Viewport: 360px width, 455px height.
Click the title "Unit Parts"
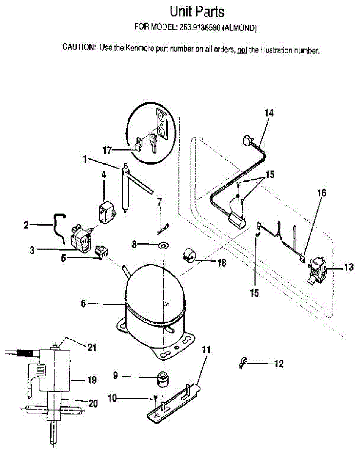pyautogui.click(x=197, y=12)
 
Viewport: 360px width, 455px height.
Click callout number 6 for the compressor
pyautogui.click(x=83, y=303)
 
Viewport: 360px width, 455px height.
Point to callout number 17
pyautogui.click(x=107, y=151)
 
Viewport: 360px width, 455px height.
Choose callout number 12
pyautogui.click(x=279, y=364)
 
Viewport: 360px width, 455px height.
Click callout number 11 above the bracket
pyautogui.click(x=205, y=350)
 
